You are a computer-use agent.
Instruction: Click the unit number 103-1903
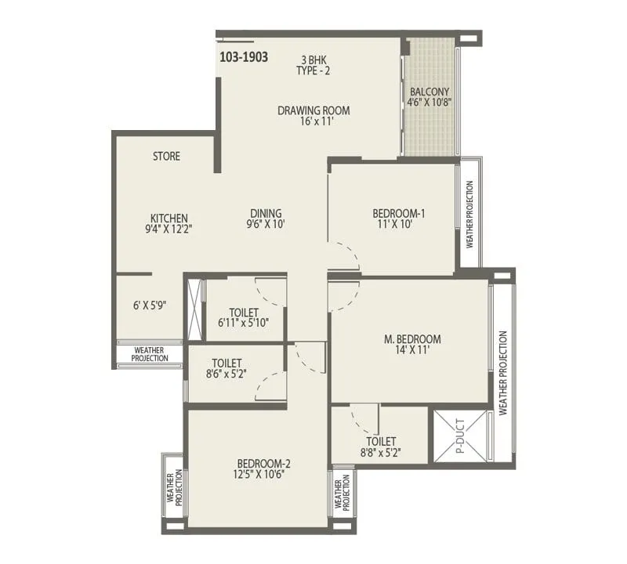(x=245, y=57)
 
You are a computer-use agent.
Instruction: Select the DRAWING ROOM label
(x=313, y=110)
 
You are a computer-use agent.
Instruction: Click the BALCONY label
(x=429, y=91)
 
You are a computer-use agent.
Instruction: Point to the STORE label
(x=166, y=157)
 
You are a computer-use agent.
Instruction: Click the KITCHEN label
(x=169, y=219)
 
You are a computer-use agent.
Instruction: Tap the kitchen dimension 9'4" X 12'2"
(x=169, y=230)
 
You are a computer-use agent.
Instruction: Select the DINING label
(x=266, y=213)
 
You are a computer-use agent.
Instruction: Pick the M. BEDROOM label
(x=412, y=339)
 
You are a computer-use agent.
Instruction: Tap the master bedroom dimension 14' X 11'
(x=412, y=351)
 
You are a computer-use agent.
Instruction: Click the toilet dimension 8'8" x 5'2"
(x=380, y=452)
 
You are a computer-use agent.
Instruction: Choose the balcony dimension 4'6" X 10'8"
(x=429, y=102)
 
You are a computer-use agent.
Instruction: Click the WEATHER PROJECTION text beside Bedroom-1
(x=470, y=214)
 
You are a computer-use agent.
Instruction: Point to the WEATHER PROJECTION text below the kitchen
(x=149, y=354)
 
